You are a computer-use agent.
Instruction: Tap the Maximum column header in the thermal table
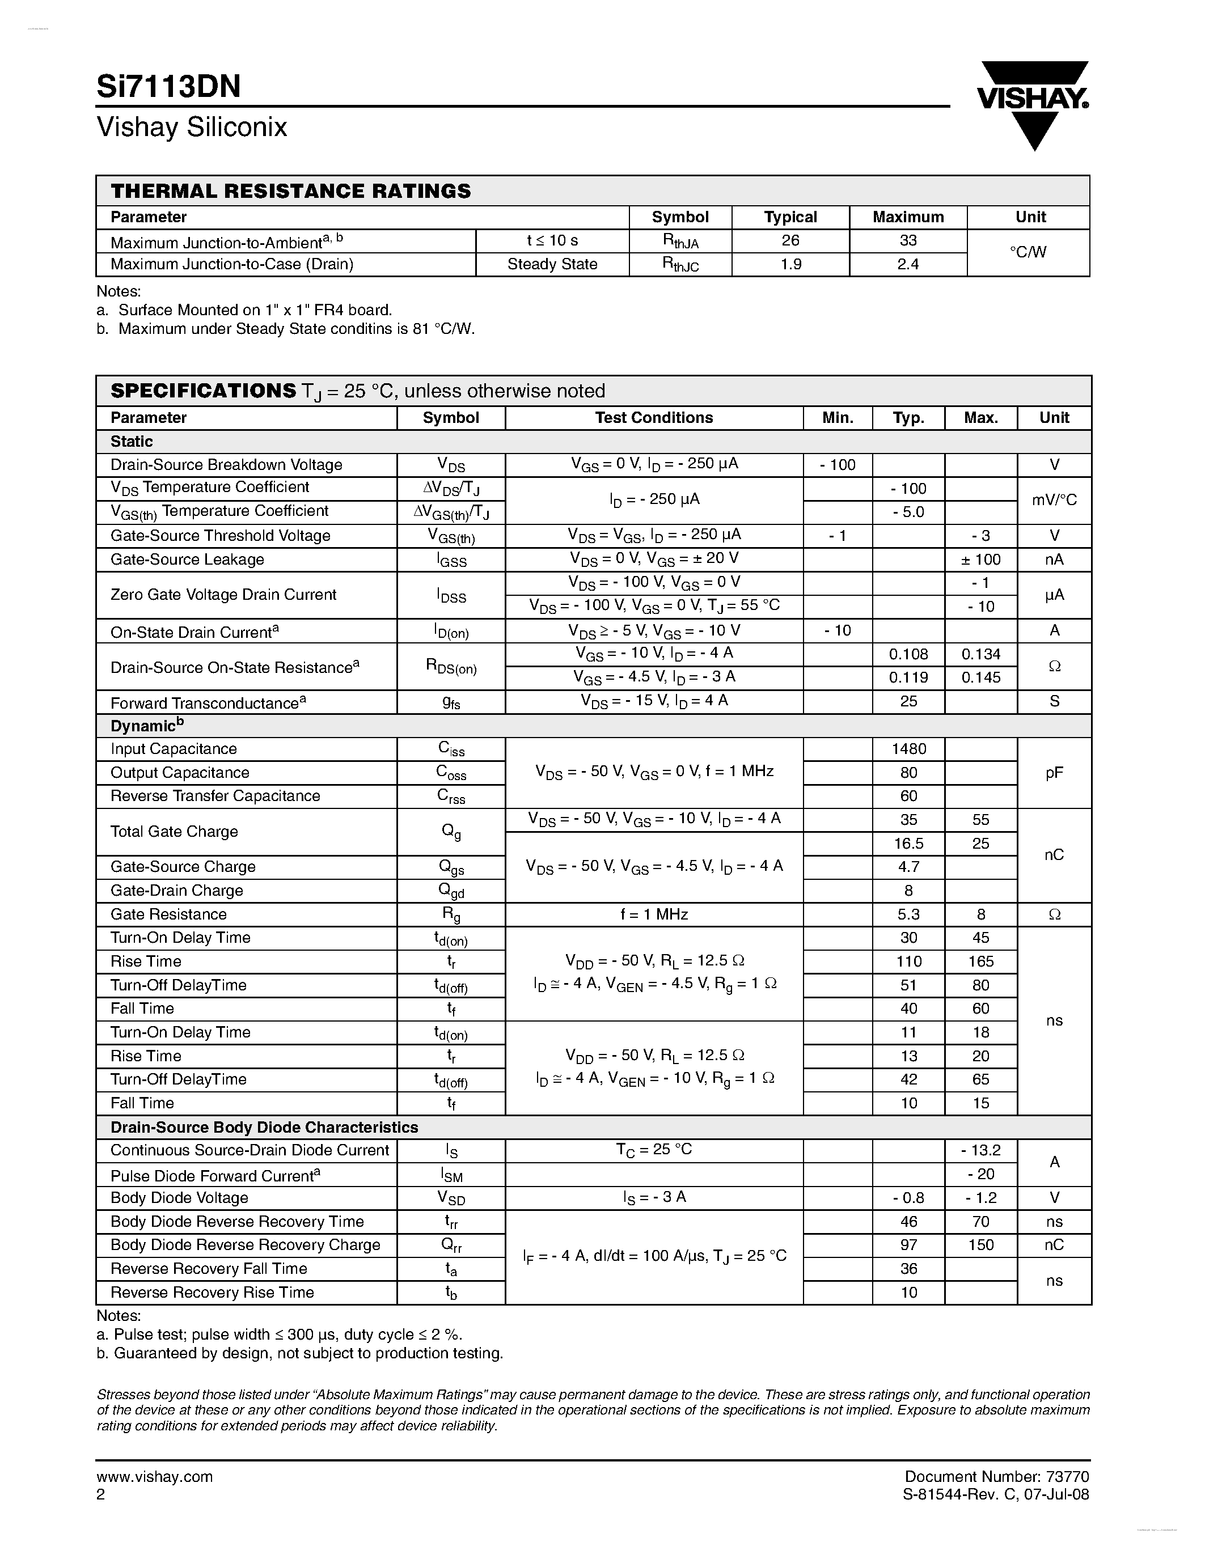(907, 217)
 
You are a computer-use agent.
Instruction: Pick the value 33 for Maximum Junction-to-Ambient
(907, 240)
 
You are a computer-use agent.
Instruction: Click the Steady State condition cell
(552, 264)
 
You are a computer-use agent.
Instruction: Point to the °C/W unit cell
(1028, 252)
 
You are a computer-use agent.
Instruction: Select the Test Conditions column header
(653, 418)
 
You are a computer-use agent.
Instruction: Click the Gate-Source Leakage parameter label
(187, 560)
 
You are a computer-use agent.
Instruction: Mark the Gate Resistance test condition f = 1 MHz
(653, 914)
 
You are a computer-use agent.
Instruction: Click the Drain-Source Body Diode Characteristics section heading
(264, 1127)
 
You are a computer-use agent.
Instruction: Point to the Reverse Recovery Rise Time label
(212, 1292)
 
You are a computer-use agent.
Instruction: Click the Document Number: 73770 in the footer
(996, 1476)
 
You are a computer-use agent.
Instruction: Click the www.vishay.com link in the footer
(154, 1477)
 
